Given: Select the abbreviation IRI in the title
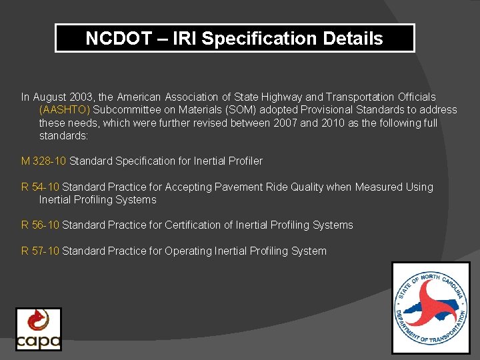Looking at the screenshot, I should pyautogui.click(x=185, y=39).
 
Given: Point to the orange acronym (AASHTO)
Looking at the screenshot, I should pyautogui.click(x=65, y=110).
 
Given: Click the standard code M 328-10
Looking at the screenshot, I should pyautogui.click(x=44, y=161).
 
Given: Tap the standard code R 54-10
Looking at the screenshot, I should pyautogui.click(x=41, y=187).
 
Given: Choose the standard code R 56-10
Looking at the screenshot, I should pyautogui.click(x=41, y=225).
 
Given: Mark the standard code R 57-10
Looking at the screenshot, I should pyautogui.click(x=41, y=251).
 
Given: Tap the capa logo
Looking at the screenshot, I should pyautogui.click(x=39, y=329).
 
